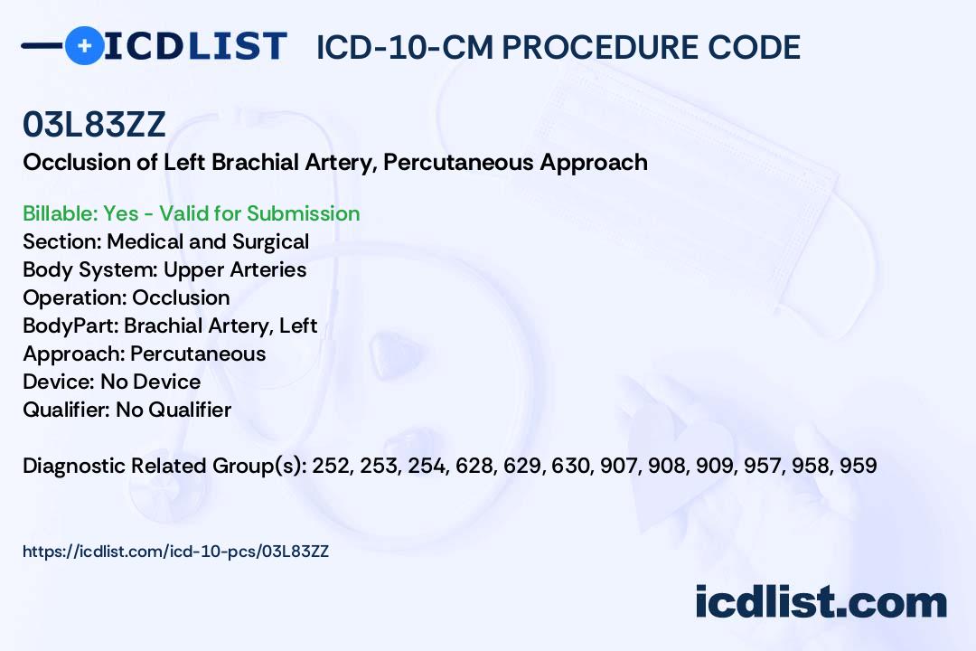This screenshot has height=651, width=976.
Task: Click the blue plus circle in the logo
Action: point(84,45)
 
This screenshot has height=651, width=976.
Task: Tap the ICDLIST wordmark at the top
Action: point(195,45)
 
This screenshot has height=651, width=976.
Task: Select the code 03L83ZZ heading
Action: point(94,125)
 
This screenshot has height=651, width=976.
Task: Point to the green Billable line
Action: point(191,213)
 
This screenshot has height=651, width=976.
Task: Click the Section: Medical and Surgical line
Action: point(165,241)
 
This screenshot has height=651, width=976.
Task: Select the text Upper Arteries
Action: point(235,269)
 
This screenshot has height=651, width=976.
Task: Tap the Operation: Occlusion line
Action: point(126,297)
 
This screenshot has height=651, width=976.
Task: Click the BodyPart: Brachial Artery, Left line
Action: point(170,325)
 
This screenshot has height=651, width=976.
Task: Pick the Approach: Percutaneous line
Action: point(144,354)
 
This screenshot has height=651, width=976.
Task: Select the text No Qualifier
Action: point(174,410)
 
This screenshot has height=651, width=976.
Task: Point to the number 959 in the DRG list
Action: point(858,466)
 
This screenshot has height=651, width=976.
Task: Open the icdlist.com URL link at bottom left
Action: point(175,551)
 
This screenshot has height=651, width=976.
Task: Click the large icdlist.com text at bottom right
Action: point(821,602)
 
